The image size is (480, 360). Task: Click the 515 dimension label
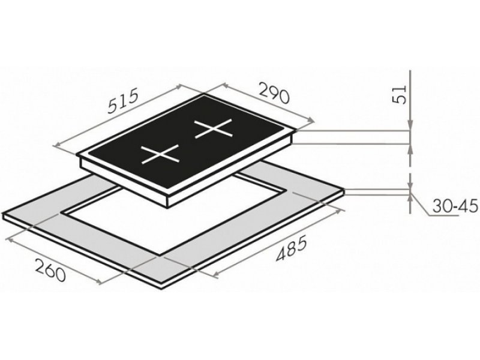tap(124, 101)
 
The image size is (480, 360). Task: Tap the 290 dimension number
tap(274, 92)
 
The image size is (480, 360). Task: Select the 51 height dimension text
tap(399, 94)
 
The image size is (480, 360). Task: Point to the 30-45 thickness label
tap(455, 206)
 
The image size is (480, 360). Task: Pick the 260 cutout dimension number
tap(50, 269)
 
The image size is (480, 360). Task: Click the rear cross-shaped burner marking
tap(214, 128)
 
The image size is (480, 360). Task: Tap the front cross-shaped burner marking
tap(160, 154)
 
